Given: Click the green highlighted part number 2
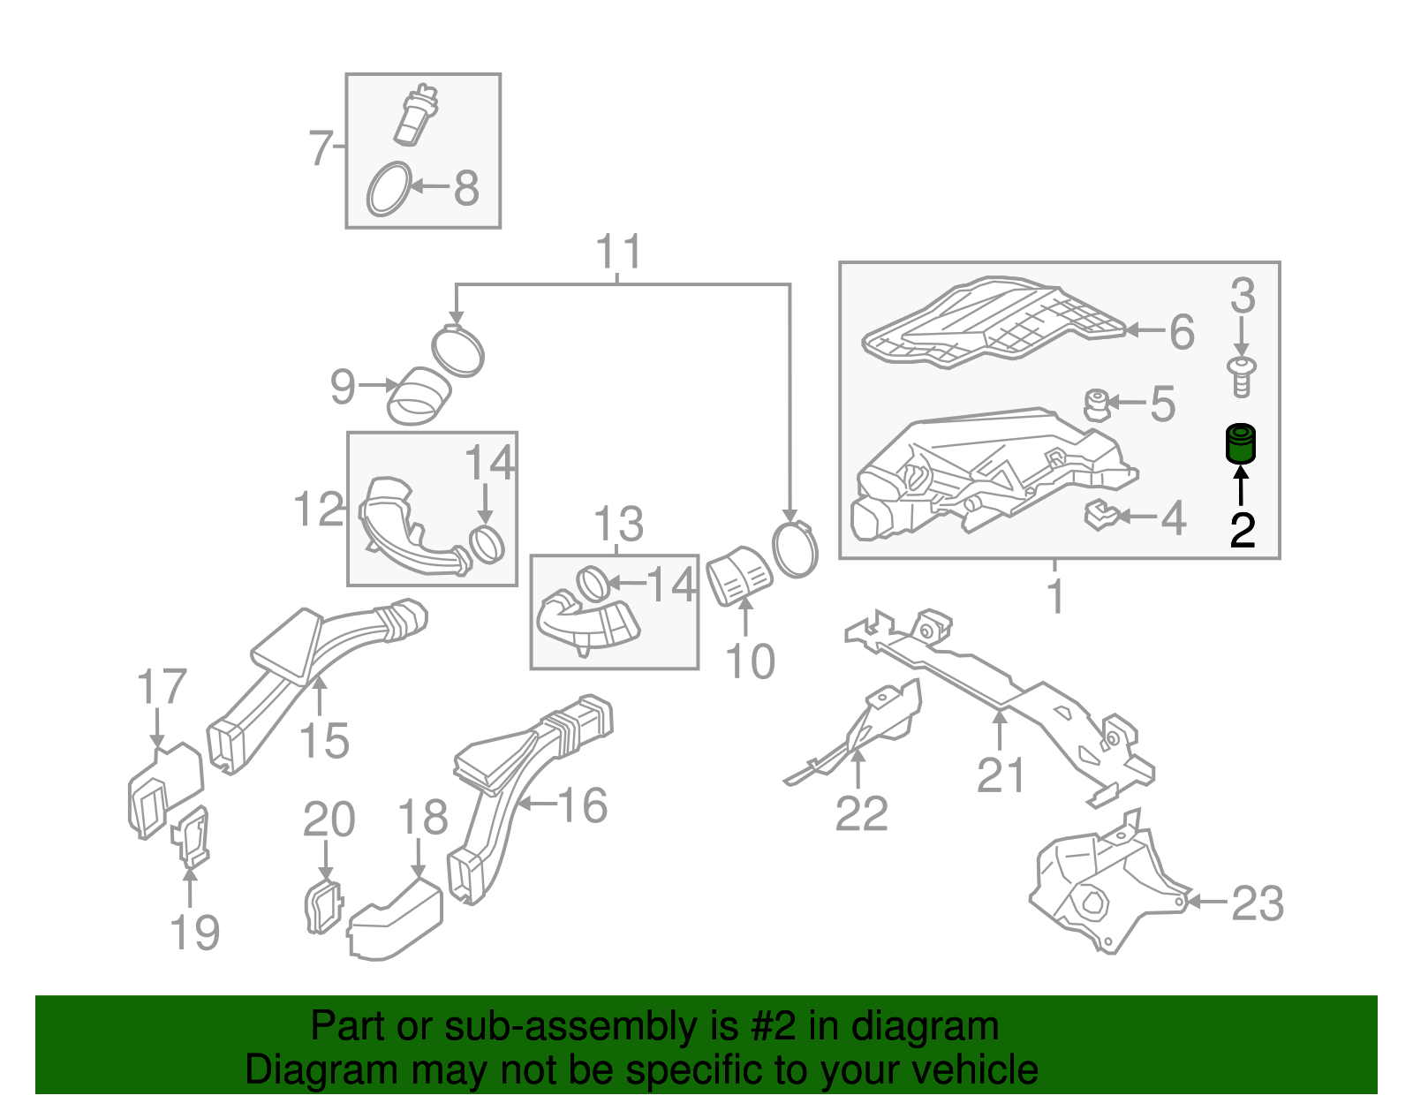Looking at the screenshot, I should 1242,444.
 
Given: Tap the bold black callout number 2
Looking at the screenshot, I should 1243,530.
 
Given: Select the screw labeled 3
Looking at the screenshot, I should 1242,378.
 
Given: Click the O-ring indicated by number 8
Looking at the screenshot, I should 389,189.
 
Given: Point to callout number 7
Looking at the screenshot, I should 321,147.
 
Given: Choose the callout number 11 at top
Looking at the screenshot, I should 618,253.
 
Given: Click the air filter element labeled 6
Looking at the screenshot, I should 989,322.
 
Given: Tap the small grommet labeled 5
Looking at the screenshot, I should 1096,404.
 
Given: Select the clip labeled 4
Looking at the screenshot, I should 1100,515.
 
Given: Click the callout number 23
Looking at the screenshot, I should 1258,903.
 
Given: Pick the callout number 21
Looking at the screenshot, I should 1001,775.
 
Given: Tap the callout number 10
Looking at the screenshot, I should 750,661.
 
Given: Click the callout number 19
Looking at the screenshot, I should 195,933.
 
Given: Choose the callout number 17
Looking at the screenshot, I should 162,687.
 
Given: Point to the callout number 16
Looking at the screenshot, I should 583,805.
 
